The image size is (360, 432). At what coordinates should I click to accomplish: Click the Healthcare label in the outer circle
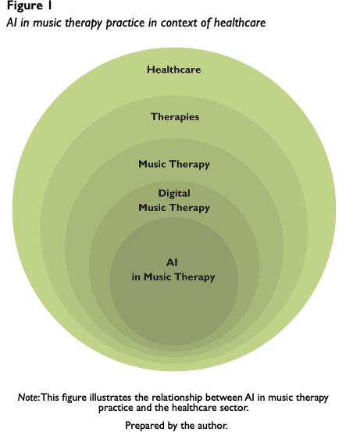point(174,70)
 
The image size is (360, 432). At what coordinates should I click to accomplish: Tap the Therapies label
point(175,117)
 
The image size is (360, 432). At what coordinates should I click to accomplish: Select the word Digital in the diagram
point(174,194)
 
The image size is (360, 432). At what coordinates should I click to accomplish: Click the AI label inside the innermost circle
point(172,262)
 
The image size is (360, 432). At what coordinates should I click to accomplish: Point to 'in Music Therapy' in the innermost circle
point(173,277)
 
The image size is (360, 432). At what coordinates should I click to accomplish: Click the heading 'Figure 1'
point(30,5)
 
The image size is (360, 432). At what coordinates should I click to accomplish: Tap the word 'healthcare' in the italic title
point(240,23)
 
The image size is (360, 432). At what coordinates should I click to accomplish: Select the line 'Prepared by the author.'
point(176,426)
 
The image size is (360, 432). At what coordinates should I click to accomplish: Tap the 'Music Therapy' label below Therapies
point(174,164)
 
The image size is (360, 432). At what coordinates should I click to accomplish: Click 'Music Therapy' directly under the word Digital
point(174,208)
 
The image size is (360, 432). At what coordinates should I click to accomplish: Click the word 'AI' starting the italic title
point(12,23)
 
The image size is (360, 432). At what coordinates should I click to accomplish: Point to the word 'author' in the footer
point(212,426)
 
